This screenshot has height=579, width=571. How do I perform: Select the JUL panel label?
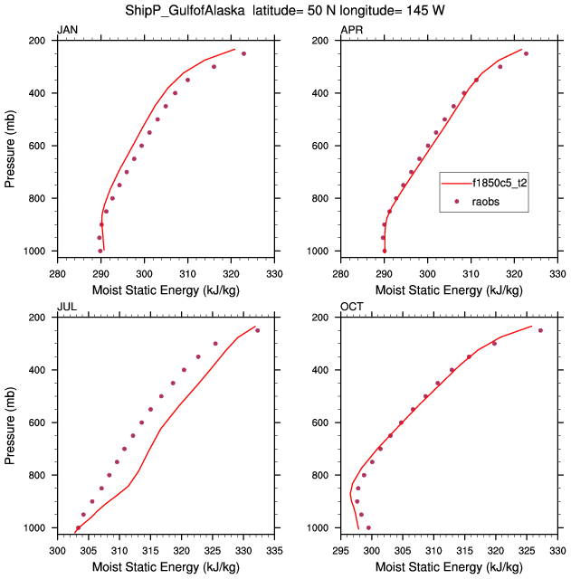[66, 308]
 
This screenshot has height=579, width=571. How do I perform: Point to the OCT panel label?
[351, 308]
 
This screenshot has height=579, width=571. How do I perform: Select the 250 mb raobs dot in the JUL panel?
[257, 330]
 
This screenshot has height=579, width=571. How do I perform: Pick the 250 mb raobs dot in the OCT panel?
[540, 330]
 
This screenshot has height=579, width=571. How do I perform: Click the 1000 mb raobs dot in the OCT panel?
[368, 527]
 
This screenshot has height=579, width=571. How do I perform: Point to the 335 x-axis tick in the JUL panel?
[275, 548]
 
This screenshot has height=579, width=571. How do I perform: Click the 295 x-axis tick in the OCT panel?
[340, 548]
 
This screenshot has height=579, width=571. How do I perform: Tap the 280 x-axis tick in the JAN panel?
[57, 271]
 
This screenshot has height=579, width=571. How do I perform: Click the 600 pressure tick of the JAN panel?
[41, 146]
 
